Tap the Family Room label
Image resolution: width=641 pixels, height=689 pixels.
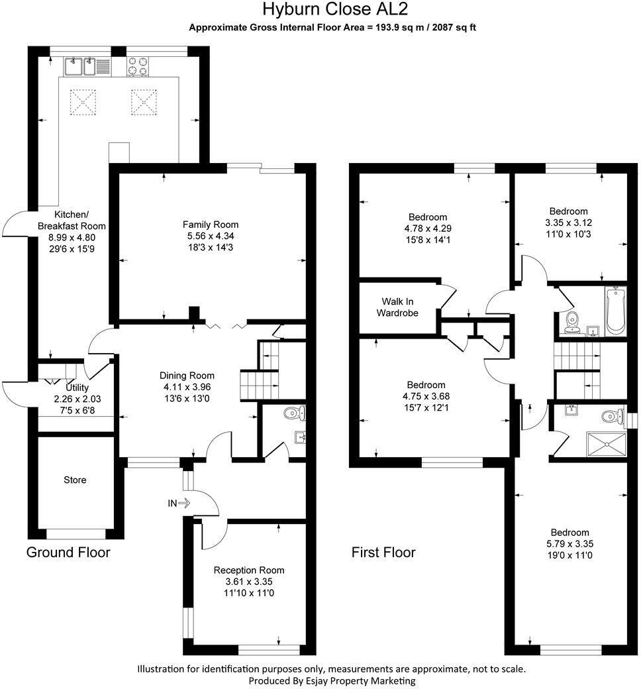point(211,225)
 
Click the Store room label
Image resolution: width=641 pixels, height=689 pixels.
point(75,480)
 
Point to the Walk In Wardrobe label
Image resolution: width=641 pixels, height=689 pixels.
point(397,307)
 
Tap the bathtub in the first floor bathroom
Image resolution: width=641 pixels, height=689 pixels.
point(615,310)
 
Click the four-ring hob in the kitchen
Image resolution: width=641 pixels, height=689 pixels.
point(137,67)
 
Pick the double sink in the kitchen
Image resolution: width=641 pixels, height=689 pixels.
point(79,66)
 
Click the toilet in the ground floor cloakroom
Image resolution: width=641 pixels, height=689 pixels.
point(294,414)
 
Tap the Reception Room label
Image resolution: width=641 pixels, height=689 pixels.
point(248,570)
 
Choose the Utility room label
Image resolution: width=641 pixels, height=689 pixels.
point(77,388)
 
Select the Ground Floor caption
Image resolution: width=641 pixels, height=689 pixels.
point(68,553)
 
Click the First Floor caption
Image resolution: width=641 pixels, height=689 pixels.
point(383,553)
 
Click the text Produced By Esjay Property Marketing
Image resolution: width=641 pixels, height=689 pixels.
point(332,680)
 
